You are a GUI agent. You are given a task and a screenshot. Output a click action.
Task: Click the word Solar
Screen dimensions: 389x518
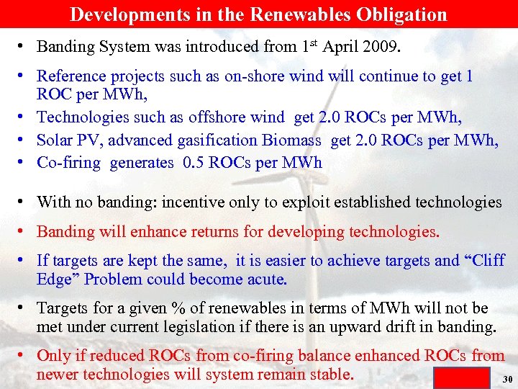click(x=57, y=140)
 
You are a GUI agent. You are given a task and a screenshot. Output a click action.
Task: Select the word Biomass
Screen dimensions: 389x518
click(x=296, y=140)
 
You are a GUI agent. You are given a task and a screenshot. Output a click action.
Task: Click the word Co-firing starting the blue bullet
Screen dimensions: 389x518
click(x=69, y=162)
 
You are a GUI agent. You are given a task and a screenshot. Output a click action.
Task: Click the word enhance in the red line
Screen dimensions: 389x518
click(x=184, y=231)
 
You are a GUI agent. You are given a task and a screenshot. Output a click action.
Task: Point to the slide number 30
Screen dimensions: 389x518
click(x=506, y=379)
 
